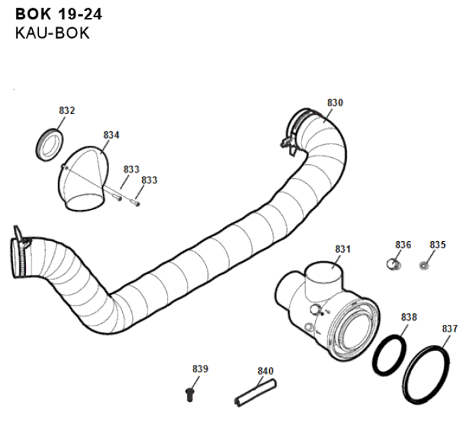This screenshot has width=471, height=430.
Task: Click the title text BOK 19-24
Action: (58, 13)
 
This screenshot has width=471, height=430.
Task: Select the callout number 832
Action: (67, 111)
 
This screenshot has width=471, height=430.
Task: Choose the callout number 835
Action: (437, 245)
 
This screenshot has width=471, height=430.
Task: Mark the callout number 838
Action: (409, 317)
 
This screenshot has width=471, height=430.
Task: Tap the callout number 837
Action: (450, 328)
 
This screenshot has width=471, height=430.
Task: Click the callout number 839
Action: (200, 369)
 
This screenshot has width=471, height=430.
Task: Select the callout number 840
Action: (265, 371)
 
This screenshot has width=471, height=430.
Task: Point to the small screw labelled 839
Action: (190, 392)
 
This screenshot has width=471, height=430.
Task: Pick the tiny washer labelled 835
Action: (424, 264)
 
